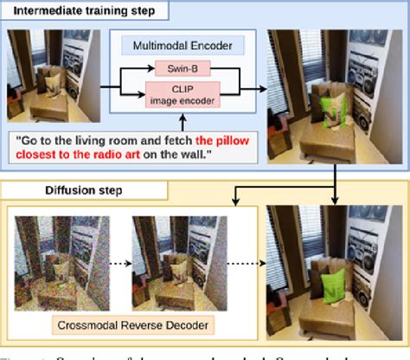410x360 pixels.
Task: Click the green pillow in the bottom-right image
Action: coord(330,281)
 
